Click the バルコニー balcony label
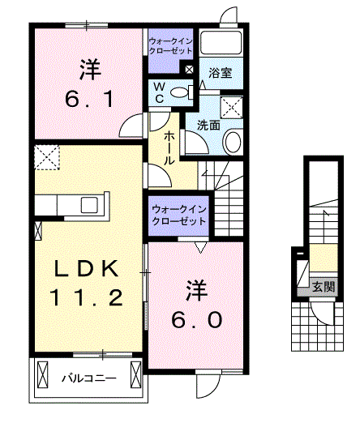coord(89,378)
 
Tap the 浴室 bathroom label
coord(219,72)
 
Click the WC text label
coord(159,91)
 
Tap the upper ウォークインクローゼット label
coord(170,45)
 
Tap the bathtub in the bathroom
coord(221,45)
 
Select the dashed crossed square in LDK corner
coord(47,157)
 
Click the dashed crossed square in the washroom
coord(233,108)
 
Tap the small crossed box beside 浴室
coord(189,70)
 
